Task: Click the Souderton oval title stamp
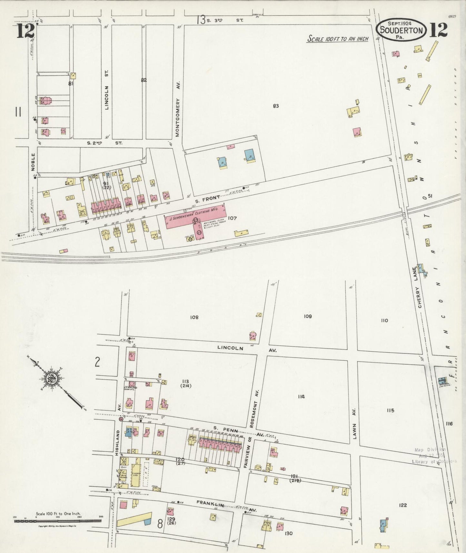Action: click(401, 30)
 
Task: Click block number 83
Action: click(275, 106)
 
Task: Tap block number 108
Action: click(194, 317)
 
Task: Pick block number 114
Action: click(301, 397)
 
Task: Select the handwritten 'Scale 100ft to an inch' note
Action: click(338, 39)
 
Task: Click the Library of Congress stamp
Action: click(434, 455)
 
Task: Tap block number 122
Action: click(402, 505)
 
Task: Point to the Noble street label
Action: click(33, 161)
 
